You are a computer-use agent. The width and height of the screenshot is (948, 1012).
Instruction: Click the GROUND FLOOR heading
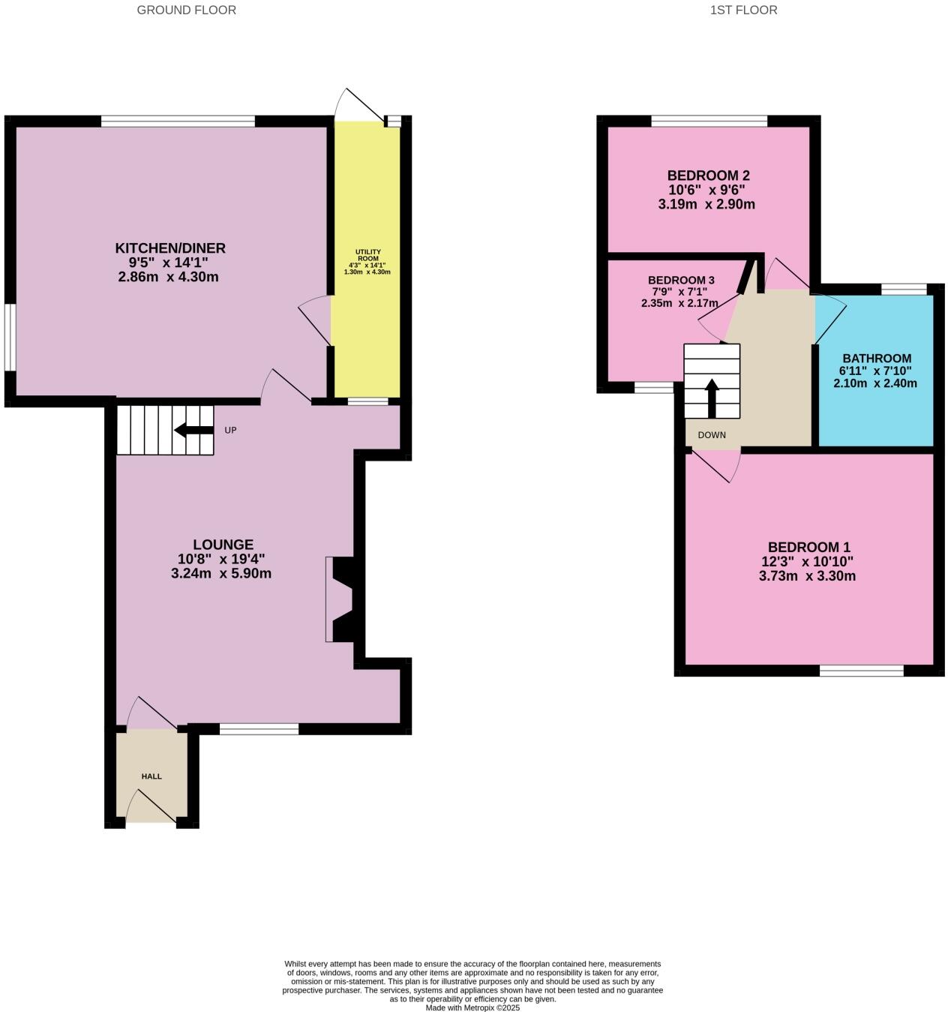(x=186, y=11)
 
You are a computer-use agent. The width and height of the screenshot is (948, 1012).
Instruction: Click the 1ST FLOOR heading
(x=743, y=11)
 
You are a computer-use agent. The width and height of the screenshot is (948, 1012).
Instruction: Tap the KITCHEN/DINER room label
(x=169, y=248)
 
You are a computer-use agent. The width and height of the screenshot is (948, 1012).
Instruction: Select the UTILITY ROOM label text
(x=367, y=255)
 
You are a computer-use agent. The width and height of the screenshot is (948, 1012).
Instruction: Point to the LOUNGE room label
(x=223, y=545)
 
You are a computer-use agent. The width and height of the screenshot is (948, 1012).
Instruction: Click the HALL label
(x=151, y=776)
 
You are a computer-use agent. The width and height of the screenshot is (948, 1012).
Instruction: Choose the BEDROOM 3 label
(x=681, y=281)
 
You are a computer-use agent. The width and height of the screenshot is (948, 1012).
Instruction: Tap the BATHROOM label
(x=876, y=359)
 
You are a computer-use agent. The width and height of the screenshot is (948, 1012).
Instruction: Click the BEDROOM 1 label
(x=808, y=548)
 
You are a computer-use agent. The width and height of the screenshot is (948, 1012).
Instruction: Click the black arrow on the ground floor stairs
(x=193, y=430)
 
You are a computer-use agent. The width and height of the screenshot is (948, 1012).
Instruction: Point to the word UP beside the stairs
(x=230, y=431)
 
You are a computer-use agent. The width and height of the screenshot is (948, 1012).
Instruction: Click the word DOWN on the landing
(x=711, y=435)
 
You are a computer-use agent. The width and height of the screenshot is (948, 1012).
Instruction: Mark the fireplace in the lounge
(x=341, y=599)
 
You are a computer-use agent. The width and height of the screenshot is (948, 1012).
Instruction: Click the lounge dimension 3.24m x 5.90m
(x=221, y=574)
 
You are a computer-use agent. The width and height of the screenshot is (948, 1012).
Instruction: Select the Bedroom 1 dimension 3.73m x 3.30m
(x=807, y=576)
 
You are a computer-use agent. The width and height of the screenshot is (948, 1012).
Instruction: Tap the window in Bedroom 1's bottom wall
(x=861, y=671)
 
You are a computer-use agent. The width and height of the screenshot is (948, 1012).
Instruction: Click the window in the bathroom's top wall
(x=903, y=290)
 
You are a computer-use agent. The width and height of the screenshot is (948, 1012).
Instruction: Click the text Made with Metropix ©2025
(x=472, y=1007)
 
